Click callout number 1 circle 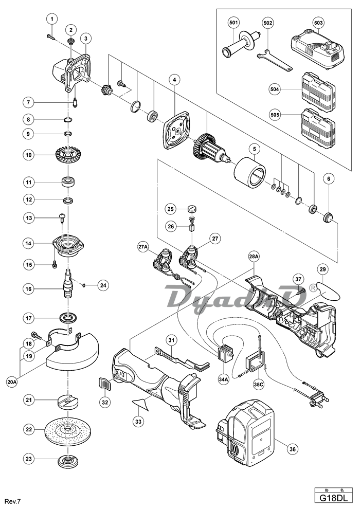51,20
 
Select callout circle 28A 254,256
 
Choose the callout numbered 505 275,116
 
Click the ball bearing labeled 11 67,181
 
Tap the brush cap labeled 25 193,208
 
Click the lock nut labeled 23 67,459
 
